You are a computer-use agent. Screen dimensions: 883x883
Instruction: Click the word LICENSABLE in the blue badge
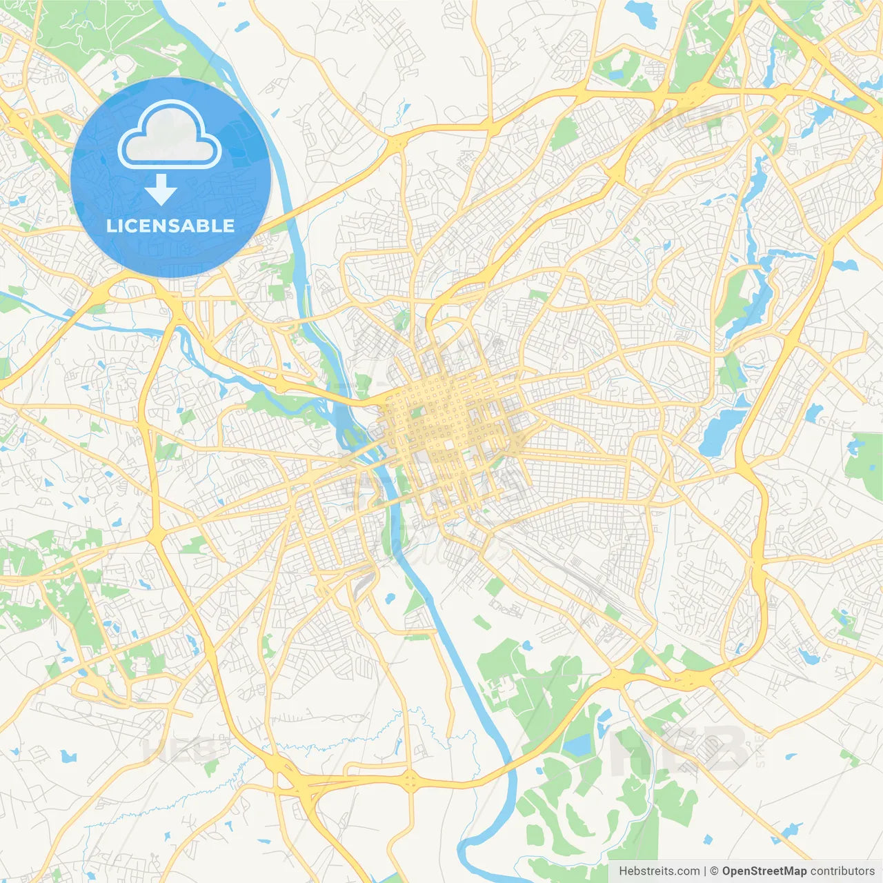tap(170, 226)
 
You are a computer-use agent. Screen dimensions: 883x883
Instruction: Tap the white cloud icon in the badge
tap(170, 136)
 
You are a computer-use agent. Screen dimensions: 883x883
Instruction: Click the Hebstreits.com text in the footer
tap(659, 871)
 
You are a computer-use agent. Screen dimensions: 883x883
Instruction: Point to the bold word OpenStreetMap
tap(764, 871)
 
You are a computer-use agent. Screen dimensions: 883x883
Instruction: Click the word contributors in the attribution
tap(842, 871)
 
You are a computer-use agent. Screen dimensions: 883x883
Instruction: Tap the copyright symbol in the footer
tap(714, 871)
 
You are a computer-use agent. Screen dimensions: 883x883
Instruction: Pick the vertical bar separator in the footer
tap(705, 871)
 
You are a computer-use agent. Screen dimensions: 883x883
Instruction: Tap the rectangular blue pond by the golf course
tap(578, 744)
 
